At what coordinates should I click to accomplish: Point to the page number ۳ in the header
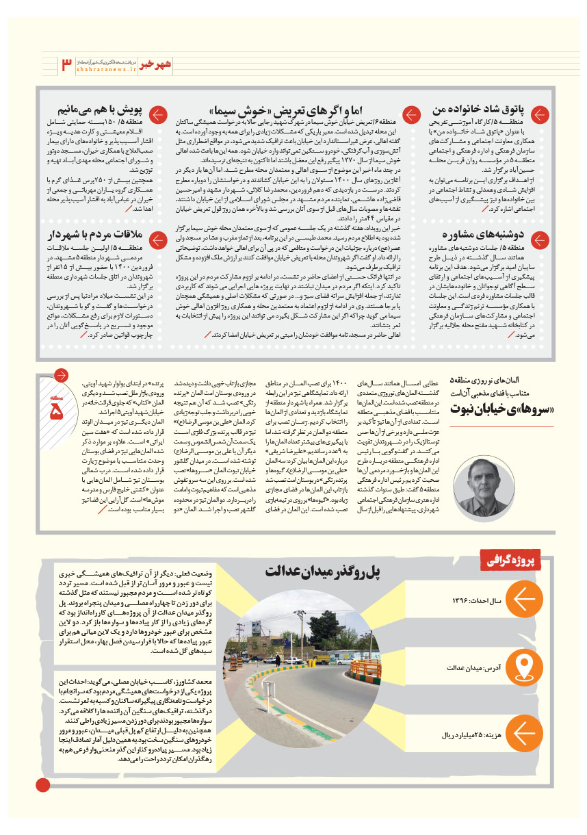click(x=66, y=65)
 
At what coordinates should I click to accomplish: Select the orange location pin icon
click(x=524, y=667)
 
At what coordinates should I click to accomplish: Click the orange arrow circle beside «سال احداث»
click(x=524, y=600)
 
